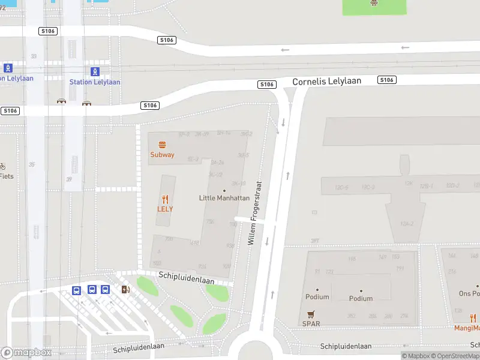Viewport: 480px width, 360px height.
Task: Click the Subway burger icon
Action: click(x=162, y=145)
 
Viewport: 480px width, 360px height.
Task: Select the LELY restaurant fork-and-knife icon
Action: click(x=165, y=199)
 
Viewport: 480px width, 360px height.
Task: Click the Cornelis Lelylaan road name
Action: click(x=326, y=81)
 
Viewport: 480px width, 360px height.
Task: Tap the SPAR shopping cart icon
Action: click(x=311, y=314)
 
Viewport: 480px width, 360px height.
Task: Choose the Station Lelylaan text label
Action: click(x=95, y=82)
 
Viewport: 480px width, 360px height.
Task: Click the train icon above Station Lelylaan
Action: click(x=95, y=71)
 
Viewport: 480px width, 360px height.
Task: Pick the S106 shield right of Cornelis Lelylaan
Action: click(x=386, y=80)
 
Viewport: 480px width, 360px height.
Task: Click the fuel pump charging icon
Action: click(x=125, y=290)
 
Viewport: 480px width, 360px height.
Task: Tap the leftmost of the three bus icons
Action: click(x=77, y=290)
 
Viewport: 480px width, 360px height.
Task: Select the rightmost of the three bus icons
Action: click(x=106, y=290)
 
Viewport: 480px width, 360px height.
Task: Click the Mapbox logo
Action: click(x=26, y=352)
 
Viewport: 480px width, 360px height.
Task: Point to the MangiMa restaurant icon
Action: click(x=473, y=318)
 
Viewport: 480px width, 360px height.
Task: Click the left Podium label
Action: click(x=317, y=297)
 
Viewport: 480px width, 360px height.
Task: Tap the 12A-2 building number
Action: click(x=407, y=224)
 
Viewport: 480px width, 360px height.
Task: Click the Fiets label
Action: click(x=7, y=176)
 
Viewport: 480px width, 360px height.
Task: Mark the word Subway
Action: click(x=162, y=155)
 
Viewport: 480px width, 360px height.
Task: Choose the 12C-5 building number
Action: click(x=341, y=188)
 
